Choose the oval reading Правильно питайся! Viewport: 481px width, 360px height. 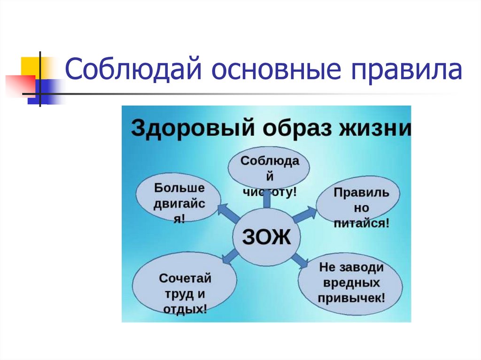point(358,207)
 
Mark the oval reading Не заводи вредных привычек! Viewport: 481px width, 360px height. point(351,283)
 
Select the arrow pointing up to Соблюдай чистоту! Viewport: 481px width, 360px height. point(267,200)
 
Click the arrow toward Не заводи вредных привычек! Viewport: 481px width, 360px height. point(299,259)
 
